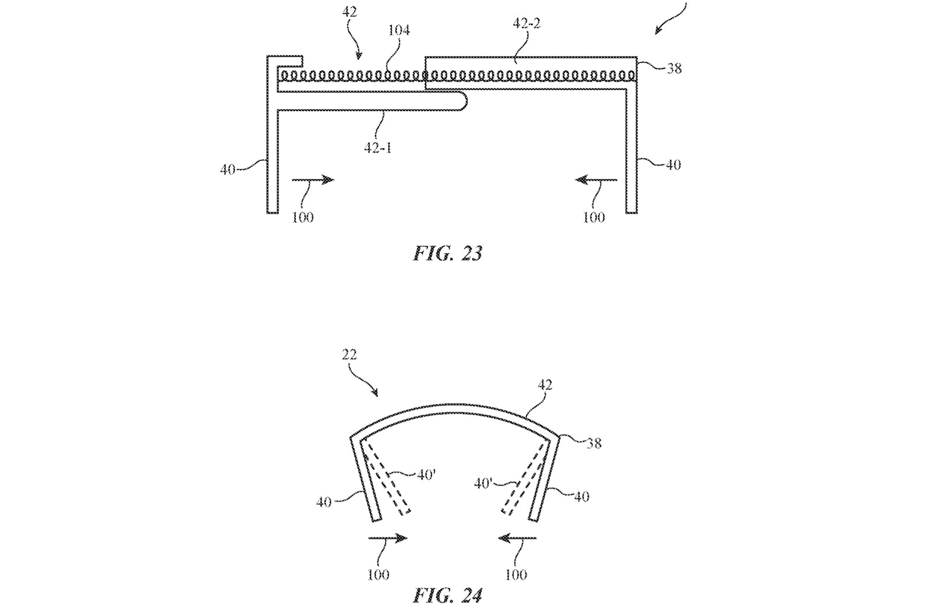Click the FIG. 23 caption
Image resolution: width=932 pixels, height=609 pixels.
[447, 253]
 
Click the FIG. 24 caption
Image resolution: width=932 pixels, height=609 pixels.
[447, 596]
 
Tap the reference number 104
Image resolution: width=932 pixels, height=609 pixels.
[399, 30]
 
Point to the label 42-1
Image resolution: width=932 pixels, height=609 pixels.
[377, 147]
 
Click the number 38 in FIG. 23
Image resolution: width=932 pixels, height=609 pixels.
[674, 68]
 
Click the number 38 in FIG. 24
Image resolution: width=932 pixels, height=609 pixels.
[594, 443]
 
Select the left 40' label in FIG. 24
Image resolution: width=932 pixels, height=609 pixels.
[426, 475]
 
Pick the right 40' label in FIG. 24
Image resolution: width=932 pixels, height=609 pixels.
[483, 483]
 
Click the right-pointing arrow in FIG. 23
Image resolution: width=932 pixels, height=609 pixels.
[313, 180]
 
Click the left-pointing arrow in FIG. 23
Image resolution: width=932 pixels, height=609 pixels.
[596, 180]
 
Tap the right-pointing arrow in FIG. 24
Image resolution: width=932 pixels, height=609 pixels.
[388, 539]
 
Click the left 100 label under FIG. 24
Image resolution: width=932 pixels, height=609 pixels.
[378, 575]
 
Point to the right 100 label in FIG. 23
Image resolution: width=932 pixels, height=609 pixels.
[594, 217]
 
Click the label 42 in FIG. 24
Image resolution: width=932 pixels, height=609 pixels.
[545, 385]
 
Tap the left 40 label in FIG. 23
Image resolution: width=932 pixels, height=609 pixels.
[228, 169]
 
